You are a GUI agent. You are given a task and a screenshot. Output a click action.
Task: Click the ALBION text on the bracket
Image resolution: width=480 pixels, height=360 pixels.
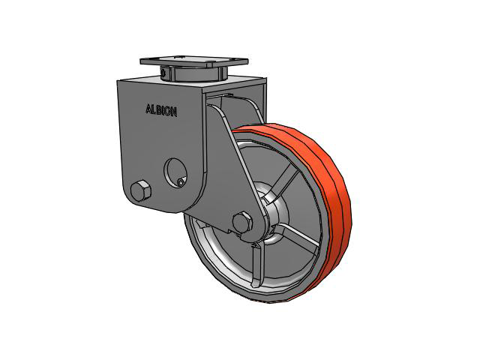click(x=161, y=110)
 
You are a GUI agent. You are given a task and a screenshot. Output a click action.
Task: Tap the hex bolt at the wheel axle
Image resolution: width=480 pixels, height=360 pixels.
click(x=242, y=222)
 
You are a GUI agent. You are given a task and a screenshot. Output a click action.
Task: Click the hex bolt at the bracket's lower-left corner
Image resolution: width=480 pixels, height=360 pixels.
click(x=140, y=190)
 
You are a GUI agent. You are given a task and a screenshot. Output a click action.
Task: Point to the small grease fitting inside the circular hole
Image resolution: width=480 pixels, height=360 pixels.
click(x=181, y=182)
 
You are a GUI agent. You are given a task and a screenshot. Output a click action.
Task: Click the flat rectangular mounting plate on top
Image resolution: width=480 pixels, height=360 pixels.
click(x=194, y=61)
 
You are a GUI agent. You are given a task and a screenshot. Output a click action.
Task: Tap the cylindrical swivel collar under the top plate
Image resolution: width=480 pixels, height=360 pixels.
click(x=193, y=73)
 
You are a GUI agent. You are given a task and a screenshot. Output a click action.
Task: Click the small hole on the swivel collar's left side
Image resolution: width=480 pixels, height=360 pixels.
click(x=164, y=73)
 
